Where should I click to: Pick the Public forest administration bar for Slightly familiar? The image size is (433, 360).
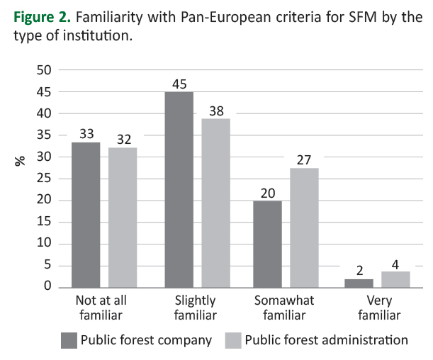215,203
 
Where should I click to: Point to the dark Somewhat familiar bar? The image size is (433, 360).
268,244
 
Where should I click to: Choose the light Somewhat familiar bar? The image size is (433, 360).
305,227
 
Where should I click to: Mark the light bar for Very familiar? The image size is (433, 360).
396,279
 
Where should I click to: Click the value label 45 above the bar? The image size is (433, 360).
179,83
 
